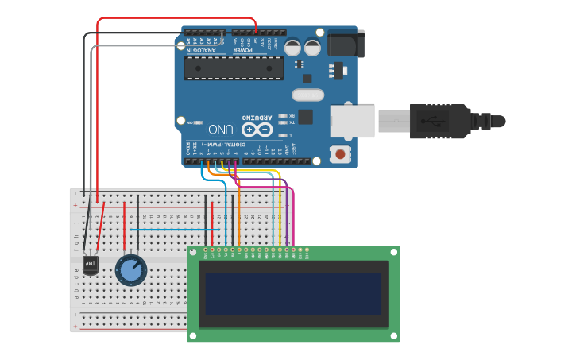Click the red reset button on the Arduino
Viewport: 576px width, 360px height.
click(x=341, y=153)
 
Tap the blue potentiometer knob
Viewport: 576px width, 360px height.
click(x=131, y=270)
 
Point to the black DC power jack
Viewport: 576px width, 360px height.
click(x=344, y=43)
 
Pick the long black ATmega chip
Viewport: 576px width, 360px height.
click(x=234, y=68)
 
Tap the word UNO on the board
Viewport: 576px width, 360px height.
click(x=221, y=129)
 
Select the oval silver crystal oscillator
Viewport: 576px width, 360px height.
click(x=308, y=95)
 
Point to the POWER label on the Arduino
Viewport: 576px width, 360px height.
click(x=242, y=51)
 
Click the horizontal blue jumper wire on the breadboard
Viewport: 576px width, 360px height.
click(x=175, y=230)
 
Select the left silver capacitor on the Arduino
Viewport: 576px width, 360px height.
click(x=293, y=48)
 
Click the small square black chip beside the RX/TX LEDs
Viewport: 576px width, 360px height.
click(x=305, y=117)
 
